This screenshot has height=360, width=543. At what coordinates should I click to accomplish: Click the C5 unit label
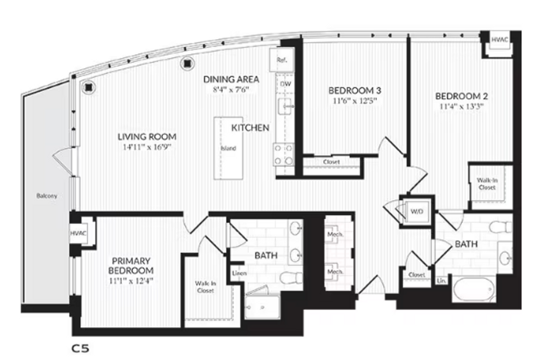(79, 349)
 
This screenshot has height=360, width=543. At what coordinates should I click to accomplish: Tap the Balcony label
(47, 196)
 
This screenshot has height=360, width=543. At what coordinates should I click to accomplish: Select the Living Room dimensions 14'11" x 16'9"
(147, 147)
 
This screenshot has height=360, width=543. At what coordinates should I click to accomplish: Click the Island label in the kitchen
(228, 149)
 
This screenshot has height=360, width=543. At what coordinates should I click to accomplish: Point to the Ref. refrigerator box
(282, 60)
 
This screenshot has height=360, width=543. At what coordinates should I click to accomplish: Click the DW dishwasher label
(286, 84)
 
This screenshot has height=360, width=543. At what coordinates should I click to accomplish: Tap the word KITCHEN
(250, 127)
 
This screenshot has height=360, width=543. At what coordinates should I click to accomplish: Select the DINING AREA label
(231, 79)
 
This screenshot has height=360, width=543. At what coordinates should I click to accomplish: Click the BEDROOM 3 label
(355, 90)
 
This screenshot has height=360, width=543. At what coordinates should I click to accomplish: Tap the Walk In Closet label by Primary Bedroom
(204, 287)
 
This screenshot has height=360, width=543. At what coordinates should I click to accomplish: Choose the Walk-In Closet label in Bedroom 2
(487, 183)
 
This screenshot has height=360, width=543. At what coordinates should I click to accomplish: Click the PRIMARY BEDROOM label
(131, 265)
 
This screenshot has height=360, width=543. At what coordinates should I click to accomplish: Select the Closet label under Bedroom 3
(331, 162)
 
